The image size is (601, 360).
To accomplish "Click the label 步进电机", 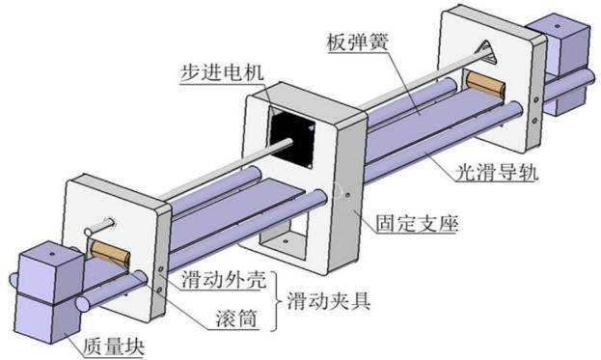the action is pyautogui.click(x=222, y=72).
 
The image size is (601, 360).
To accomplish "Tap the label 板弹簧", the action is pyautogui.click(x=358, y=42).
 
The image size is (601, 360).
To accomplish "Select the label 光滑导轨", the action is pyautogui.click(x=497, y=173).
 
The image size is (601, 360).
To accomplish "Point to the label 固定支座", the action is pyautogui.click(x=417, y=223).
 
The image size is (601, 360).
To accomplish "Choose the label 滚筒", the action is pyautogui.click(x=236, y=318).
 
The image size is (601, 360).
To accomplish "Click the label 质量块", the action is pyautogui.click(x=114, y=346).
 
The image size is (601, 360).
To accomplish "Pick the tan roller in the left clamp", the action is pyautogui.click(x=110, y=253).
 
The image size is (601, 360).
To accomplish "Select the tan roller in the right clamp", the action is pyautogui.click(x=485, y=85).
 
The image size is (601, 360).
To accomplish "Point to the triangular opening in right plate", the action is pyautogui.click(x=486, y=52).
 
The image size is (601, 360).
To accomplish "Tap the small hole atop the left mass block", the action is pyautogui.click(x=52, y=254).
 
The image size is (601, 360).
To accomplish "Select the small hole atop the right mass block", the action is pyautogui.click(x=558, y=26).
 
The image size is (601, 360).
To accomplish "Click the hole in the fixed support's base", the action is pyautogui.click(x=286, y=241).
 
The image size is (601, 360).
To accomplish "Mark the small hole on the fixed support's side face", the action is pyautogui.click(x=347, y=195).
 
